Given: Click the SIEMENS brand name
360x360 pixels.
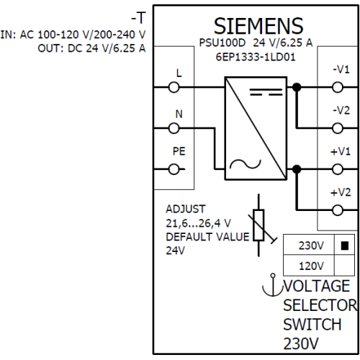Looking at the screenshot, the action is (x=258, y=26).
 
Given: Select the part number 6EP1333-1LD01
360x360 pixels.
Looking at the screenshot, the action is (x=256, y=57).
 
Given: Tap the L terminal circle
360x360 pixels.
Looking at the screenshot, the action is (x=174, y=87).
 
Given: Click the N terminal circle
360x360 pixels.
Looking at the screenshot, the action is (x=174, y=128).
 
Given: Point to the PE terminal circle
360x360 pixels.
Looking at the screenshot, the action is (x=174, y=169).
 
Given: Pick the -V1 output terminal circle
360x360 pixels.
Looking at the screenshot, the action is (x=338, y=87).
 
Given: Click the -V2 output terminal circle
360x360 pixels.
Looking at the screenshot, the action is (x=338, y=128).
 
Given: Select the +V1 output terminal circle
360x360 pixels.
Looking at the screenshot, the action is (x=338, y=169).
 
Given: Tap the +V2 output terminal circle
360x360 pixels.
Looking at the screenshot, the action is (x=338, y=210).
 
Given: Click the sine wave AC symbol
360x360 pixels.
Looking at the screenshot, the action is (x=246, y=164).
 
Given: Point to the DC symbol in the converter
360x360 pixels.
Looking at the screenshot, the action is (x=266, y=92).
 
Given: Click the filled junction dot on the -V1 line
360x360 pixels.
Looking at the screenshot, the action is (x=297, y=87).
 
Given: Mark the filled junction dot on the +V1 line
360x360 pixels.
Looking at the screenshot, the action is (x=297, y=169).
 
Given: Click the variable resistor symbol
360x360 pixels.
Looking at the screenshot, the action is (x=259, y=225).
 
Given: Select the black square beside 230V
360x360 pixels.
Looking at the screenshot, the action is (x=345, y=246).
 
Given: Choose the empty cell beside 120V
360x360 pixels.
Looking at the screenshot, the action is (x=344, y=266).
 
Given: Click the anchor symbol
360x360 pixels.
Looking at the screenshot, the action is (x=273, y=285).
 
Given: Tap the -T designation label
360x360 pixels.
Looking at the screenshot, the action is (x=138, y=18).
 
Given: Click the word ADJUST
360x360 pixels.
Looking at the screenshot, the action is (x=186, y=209).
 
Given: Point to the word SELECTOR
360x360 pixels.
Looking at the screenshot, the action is (x=320, y=305).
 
